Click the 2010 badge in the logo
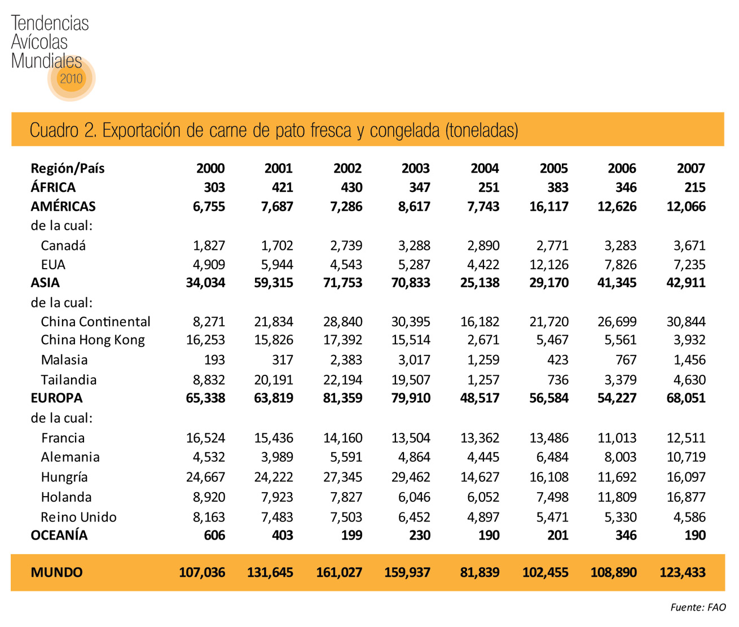(71, 78)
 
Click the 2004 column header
(485, 168)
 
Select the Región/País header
(67, 168)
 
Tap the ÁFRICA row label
(53, 187)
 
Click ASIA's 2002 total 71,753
(342, 283)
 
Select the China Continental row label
(95, 322)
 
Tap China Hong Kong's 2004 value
(483, 340)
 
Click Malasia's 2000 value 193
(214, 360)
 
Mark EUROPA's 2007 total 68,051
(685, 398)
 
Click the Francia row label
(63, 438)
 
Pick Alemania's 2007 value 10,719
(685, 457)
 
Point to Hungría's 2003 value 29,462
(411, 477)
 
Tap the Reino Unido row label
(78, 517)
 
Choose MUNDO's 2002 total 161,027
(339, 572)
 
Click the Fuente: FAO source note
(698, 607)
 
